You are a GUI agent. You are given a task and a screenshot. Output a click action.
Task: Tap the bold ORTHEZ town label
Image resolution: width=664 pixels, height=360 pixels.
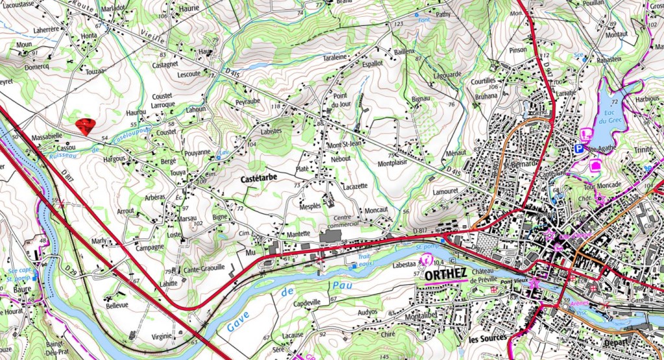tap(447, 275)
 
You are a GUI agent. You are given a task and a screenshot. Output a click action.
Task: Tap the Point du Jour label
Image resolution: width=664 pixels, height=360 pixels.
tap(340, 101)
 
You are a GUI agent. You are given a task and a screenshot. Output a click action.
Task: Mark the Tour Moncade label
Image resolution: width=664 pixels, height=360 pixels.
tap(602, 185)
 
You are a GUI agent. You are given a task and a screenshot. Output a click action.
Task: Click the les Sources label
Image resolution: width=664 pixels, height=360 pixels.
tap(488, 339)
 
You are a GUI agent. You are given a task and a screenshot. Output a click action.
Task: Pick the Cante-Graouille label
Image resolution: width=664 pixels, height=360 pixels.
tap(204, 267)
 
